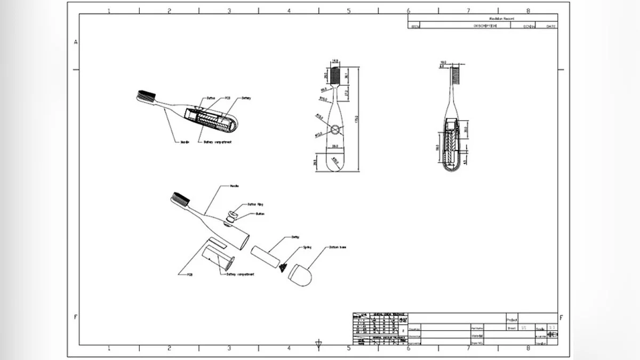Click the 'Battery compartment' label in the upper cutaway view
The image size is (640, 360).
(217, 142)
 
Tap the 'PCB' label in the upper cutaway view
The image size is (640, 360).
(227, 98)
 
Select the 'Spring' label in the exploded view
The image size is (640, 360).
(307, 248)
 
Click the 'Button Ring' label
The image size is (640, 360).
(255, 204)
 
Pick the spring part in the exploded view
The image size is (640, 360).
(283, 266)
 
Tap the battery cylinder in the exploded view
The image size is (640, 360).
(264, 255)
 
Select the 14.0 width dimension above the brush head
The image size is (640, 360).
(335, 61)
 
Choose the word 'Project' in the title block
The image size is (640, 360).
(512, 319)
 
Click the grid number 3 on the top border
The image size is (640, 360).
(229, 11)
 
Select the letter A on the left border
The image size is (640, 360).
(76, 42)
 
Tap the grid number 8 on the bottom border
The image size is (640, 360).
(528, 348)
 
